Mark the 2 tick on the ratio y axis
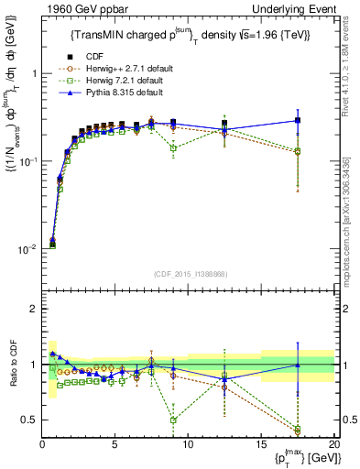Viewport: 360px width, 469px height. click(33, 309)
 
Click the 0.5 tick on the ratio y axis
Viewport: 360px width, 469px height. click(29, 420)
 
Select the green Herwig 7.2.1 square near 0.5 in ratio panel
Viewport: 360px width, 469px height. click(173, 420)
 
